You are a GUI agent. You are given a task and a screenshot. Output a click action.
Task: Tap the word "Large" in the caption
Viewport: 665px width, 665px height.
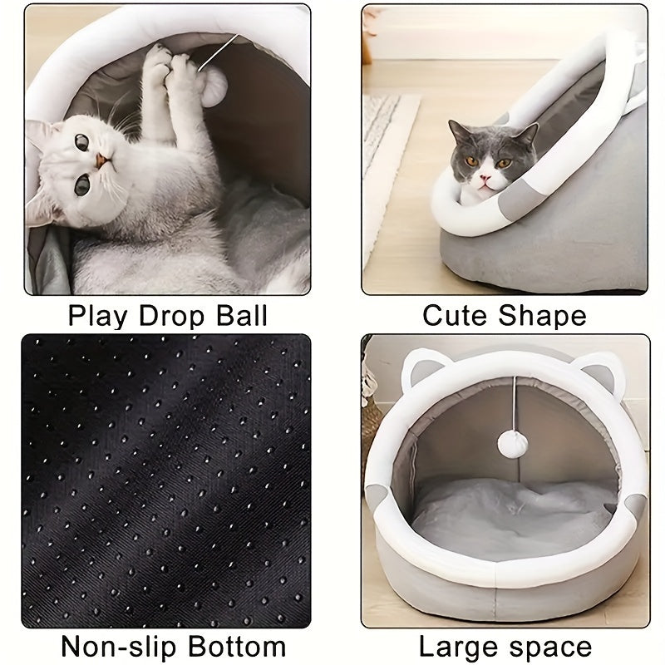click(456, 646)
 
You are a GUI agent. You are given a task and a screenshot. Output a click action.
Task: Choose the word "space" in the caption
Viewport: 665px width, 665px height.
click(546, 646)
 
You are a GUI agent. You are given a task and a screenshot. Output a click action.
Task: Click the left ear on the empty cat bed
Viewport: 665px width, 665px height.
click(421, 367)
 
